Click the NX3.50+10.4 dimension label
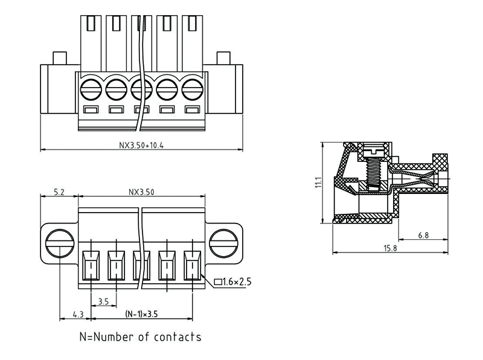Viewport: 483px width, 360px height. coord(142,145)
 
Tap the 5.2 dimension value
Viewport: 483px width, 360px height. coord(59,193)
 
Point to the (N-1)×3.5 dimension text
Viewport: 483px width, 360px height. coord(142,314)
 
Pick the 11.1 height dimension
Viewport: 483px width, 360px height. coord(318,183)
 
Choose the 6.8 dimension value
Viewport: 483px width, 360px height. coord(423,236)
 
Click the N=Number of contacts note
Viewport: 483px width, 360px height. coord(140,336)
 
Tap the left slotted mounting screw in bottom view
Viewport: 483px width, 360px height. coord(59,243)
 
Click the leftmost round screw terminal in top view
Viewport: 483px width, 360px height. coord(90,91)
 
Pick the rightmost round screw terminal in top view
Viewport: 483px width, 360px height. coord(192,91)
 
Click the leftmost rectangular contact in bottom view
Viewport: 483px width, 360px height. coord(91,266)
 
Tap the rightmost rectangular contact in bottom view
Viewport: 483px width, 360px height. coord(192,266)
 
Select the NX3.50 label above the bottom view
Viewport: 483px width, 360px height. coord(142,193)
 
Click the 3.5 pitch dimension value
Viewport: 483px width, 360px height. coord(103,300)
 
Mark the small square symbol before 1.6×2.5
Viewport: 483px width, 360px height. coord(218,282)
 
